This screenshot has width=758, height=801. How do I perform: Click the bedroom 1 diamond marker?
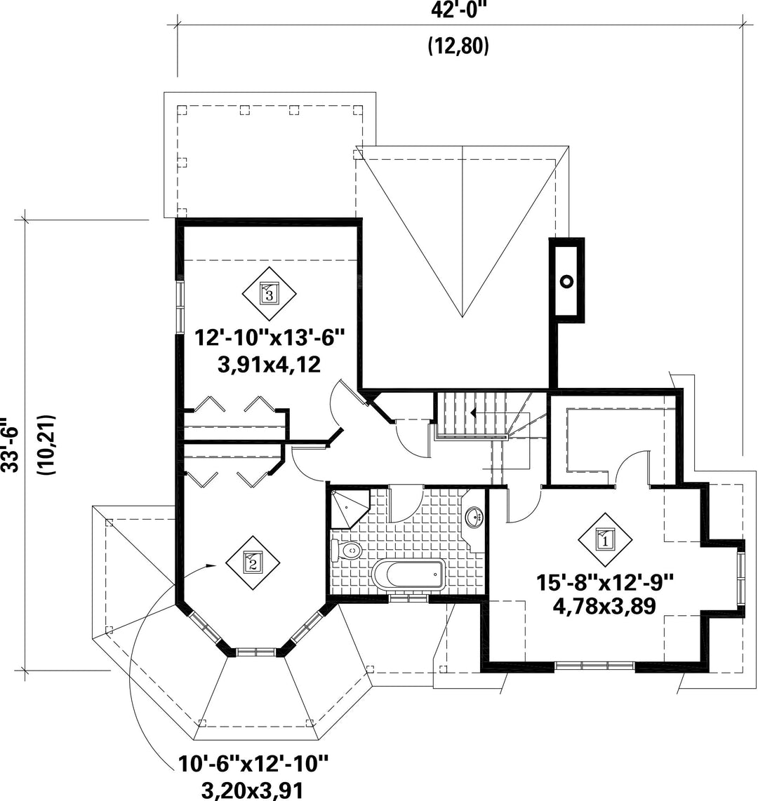pyautogui.click(x=605, y=539)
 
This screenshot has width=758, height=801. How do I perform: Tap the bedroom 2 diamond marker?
pyautogui.click(x=253, y=563)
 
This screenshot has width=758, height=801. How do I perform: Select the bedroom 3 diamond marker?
pyautogui.click(x=269, y=293)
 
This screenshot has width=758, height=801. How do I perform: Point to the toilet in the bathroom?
pyautogui.click(x=347, y=551)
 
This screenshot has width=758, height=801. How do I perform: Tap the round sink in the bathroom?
pyautogui.click(x=476, y=516)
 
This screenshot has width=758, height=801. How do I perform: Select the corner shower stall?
pyautogui.click(x=350, y=509)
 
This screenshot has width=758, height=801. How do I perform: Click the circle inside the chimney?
pyautogui.click(x=567, y=281)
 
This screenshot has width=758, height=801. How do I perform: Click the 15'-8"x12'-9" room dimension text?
pyautogui.click(x=605, y=582)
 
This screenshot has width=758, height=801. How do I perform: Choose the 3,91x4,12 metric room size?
pyautogui.click(x=269, y=365)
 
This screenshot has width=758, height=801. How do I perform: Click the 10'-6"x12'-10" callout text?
pyautogui.click(x=253, y=765)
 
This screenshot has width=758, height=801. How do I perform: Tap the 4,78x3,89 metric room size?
pyautogui.click(x=604, y=607)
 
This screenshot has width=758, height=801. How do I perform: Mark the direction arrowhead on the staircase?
pyautogui.click(x=474, y=412)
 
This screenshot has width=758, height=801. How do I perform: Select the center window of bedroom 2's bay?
pyautogui.click(x=258, y=652)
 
